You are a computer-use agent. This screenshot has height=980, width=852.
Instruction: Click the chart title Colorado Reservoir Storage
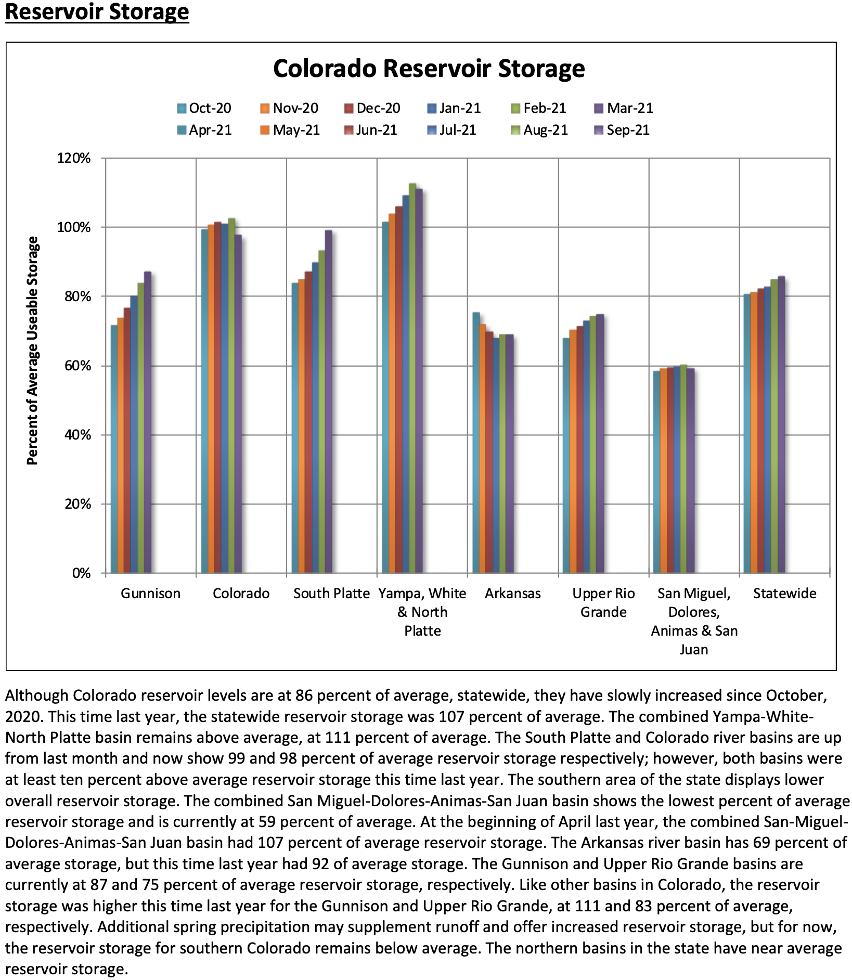click(x=429, y=69)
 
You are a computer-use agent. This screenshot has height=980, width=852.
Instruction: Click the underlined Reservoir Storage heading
click(x=97, y=11)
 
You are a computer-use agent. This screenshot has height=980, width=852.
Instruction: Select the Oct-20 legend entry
click(x=204, y=108)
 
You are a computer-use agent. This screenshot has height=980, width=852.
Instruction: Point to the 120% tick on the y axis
click(x=73, y=158)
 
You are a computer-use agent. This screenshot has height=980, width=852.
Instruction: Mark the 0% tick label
click(x=81, y=573)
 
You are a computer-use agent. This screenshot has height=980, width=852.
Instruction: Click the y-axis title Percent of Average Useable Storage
click(x=32, y=350)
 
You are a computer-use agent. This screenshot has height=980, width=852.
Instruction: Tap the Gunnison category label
click(x=150, y=594)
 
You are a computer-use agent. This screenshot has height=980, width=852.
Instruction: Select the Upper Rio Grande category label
click(x=603, y=602)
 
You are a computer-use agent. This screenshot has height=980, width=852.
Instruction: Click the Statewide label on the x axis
click(x=784, y=594)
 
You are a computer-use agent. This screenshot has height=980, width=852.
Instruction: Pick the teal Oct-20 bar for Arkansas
click(x=475, y=443)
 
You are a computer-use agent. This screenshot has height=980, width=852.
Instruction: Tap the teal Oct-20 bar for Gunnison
click(x=114, y=449)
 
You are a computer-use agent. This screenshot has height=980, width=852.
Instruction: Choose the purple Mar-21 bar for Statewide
click(x=781, y=424)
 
